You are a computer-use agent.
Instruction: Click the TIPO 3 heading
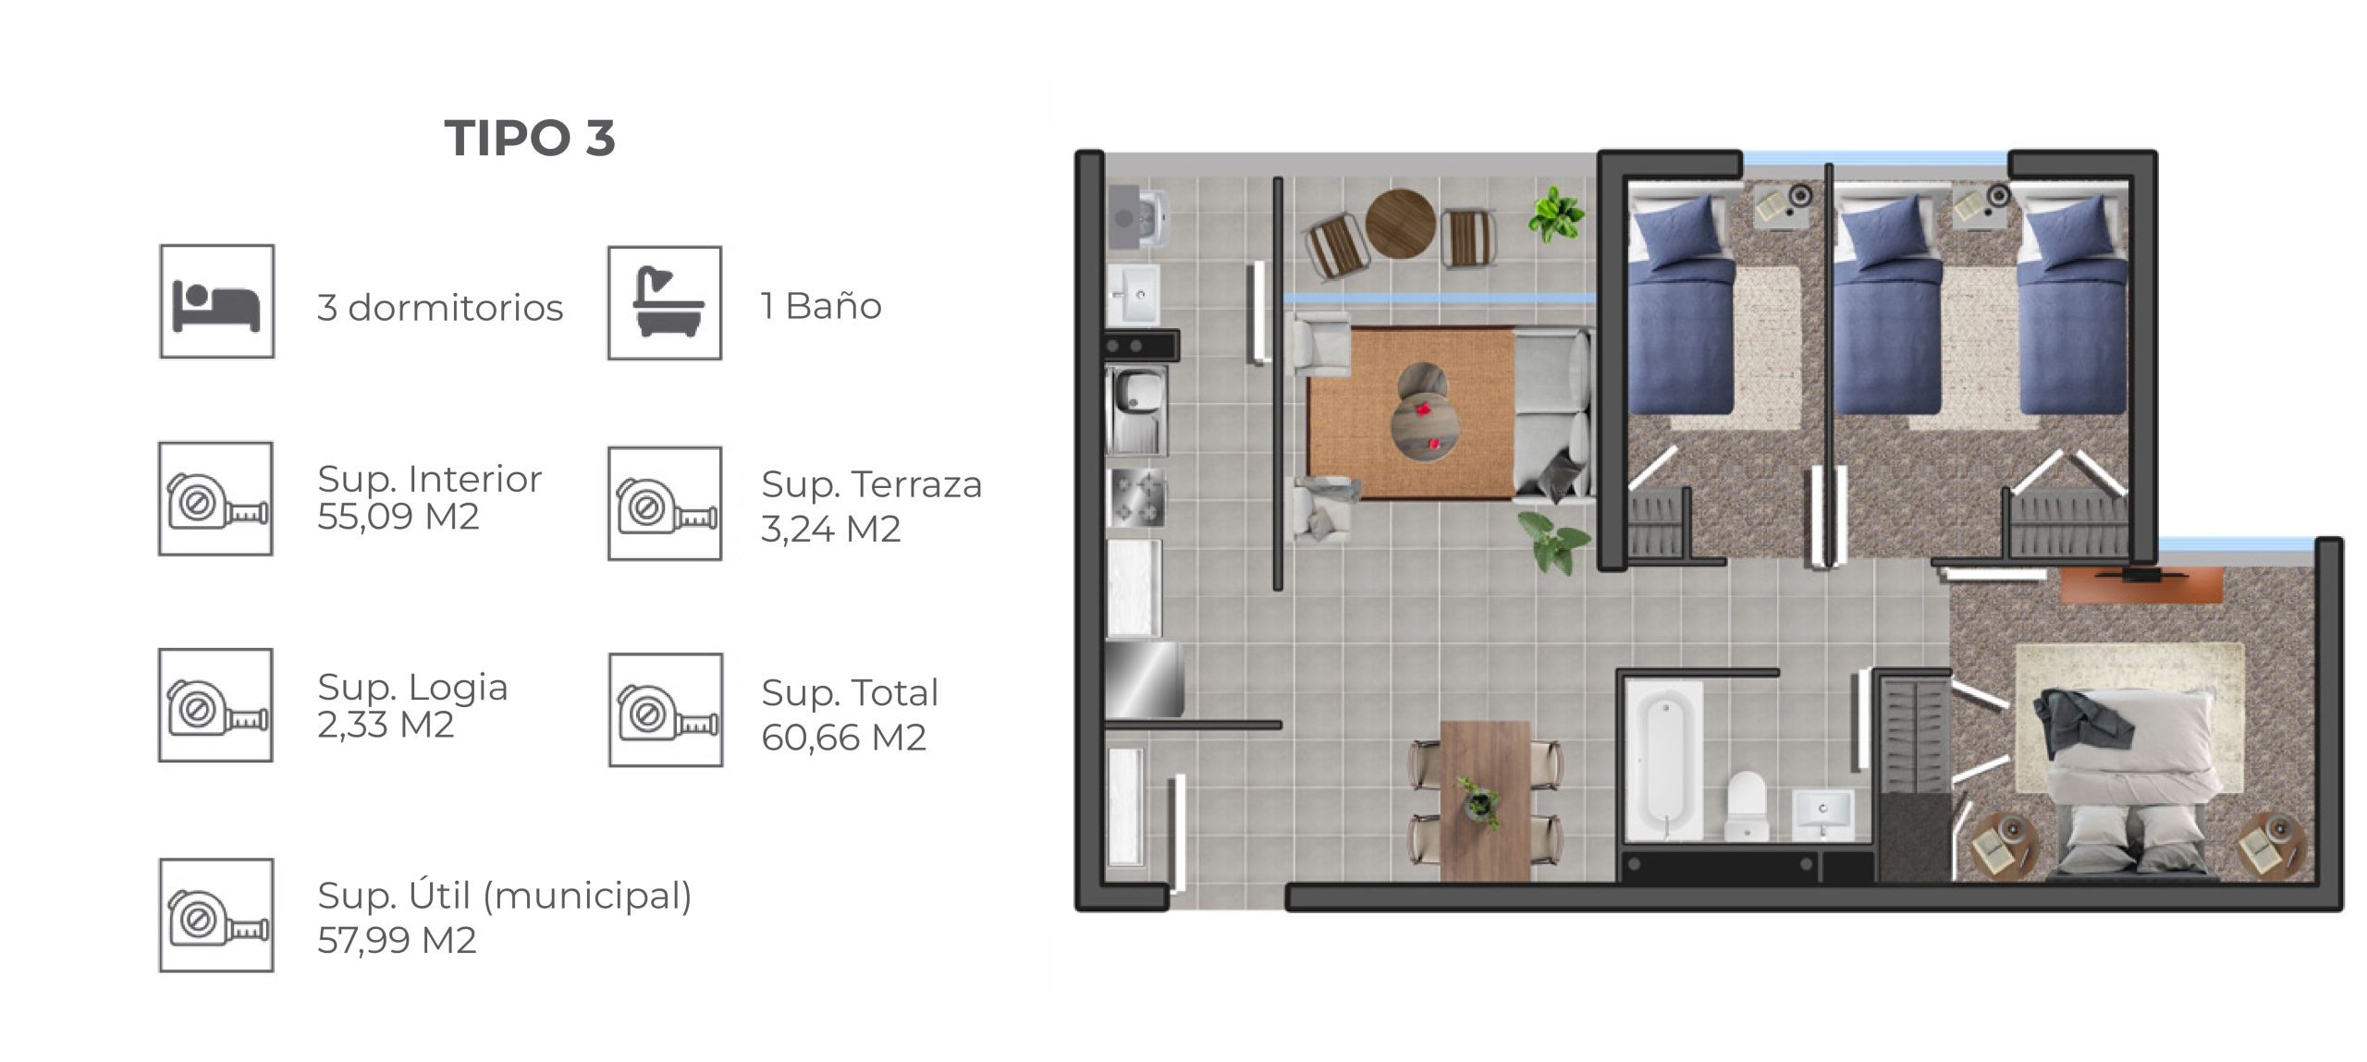(530, 139)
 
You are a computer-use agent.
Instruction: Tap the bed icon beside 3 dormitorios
(217, 301)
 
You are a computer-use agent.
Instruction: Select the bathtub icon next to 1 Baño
(665, 302)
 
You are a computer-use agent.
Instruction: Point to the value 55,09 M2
(399, 517)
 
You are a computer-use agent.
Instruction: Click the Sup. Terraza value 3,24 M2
(830, 529)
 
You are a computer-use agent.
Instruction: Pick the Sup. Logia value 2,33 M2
(386, 725)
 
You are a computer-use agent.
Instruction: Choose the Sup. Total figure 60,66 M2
(843, 738)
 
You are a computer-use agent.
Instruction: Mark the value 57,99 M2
(397, 940)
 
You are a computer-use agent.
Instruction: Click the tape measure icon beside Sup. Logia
(215, 705)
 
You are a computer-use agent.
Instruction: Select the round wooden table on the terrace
(1401, 224)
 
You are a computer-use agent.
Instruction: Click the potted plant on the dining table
(1479, 801)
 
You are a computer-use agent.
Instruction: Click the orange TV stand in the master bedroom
(2141, 584)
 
